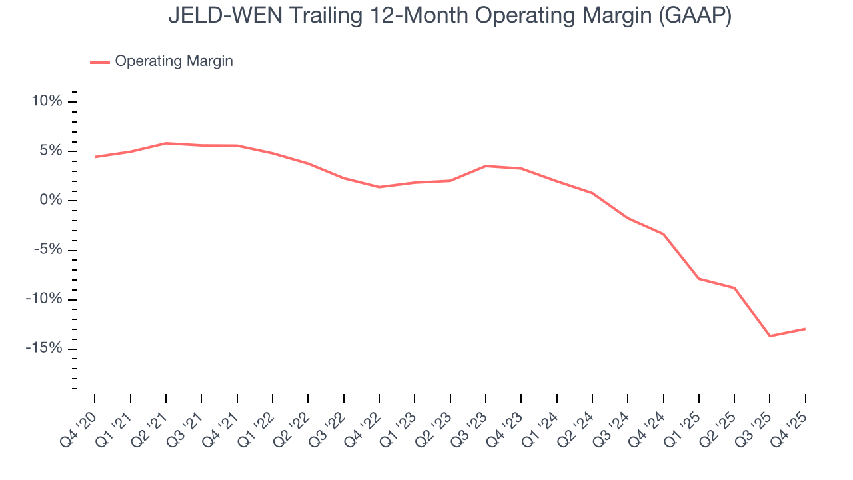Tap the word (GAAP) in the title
click(694, 15)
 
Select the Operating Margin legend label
click(174, 61)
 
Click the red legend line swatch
click(100, 62)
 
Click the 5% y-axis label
click(51, 151)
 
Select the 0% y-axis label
click(51, 200)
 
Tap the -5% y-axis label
click(47, 250)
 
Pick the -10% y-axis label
click(44, 299)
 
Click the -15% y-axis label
click(44, 349)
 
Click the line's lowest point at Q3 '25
click(770, 336)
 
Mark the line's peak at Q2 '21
click(165, 143)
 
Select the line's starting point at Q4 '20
click(95, 157)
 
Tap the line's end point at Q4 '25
click(805, 329)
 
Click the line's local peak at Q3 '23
click(485, 166)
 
